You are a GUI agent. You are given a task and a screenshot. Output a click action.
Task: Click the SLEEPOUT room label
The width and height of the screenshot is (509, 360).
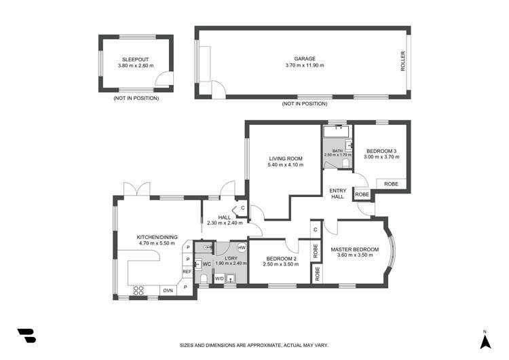tap(135, 60)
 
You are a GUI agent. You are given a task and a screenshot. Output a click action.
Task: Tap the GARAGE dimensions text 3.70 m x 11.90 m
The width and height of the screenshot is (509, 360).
tap(305, 65)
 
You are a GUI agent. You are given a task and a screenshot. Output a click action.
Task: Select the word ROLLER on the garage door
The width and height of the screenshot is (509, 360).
tap(403, 61)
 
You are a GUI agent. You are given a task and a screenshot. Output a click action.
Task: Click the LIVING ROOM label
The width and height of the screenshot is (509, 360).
tap(286, 158)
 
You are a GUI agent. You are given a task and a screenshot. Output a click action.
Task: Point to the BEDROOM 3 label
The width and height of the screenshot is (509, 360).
tap(381, 151)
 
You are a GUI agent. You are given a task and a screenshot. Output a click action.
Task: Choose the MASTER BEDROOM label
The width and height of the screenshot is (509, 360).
tap(355, 249)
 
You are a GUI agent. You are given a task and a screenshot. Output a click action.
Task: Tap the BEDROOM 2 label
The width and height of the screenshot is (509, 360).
tap(281, 259)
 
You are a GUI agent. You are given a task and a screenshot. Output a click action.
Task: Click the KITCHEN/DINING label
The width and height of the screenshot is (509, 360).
tap(157, 237)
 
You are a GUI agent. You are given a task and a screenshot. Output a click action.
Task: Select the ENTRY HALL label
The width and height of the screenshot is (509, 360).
tap(338, 194)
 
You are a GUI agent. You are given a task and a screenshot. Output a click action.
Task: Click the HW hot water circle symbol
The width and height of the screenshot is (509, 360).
tap(242, 247)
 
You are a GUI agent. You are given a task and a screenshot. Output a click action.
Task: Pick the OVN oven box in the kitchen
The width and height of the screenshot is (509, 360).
tap(168, 291)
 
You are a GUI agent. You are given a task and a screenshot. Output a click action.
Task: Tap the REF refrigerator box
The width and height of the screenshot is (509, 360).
tap(187, 271)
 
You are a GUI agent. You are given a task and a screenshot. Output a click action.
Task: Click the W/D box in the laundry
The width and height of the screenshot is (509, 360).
tap(219, 278)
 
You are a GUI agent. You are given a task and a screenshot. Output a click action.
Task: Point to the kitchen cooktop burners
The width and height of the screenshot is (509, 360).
tap(138, 290)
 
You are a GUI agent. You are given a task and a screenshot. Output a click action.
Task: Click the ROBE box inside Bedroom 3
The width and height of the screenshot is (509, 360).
tap(391, 183)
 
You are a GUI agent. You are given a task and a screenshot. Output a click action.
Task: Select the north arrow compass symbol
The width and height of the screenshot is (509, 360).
tap(485, 342)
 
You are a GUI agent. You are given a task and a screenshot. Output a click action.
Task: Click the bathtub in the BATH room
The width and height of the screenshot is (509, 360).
tap(337, 132)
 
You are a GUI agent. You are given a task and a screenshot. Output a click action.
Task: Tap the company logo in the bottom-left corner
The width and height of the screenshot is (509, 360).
tap(26, 336)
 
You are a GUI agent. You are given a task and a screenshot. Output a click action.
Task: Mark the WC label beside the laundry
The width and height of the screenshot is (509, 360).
tap(207, 264)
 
